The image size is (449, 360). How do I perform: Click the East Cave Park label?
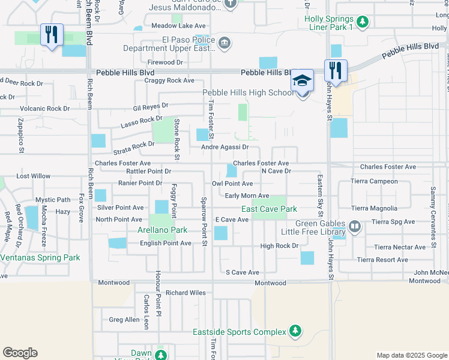(x=270, y=209)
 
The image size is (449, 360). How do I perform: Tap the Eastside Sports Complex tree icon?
(x=295, y=331)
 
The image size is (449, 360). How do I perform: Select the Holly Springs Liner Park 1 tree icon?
(x=362, y=23)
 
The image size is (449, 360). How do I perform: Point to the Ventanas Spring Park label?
(x=40, y=257)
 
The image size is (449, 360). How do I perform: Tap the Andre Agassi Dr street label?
(x=224, y=147)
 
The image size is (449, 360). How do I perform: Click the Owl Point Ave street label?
(x=232, y=184)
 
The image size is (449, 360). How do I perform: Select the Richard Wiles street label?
(x=186, y=293)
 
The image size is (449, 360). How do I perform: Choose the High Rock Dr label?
(x=279, y=246)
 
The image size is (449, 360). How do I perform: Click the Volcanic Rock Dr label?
(x=45, y=109)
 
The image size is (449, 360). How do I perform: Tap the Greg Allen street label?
(x=124, y=320)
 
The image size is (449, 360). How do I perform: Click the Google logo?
(x=20, y=353)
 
